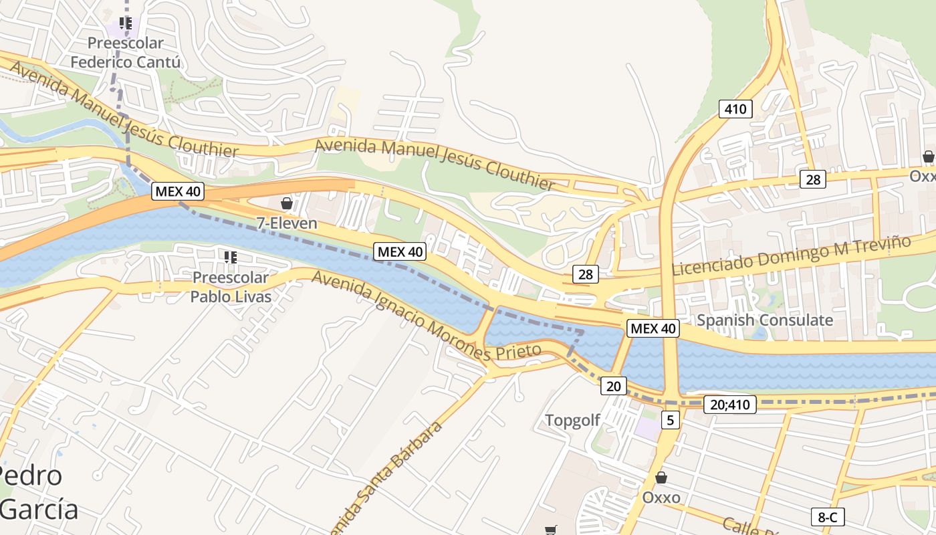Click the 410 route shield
[x=735, y=108]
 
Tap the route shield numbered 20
[x=614, y=385]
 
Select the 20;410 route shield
[x=729, y=404]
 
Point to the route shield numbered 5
[x=671, y=420]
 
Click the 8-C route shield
[x=827, y=517]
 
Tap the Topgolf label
[x=572, y=421]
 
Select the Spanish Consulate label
[x=765, y=320]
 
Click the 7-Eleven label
[x=287, y=223]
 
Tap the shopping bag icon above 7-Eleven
[x=287, y=203]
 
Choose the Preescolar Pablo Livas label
[x=231, y=287]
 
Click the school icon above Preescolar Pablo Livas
[x=231, y=257]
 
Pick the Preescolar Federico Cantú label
[x=126, y=53]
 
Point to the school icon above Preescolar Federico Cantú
[x=125, y=23]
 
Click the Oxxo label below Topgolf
[x=661, y=498]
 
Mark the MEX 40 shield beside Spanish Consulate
[x=653, y=328]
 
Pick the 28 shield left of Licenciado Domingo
[x=586, y=274]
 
